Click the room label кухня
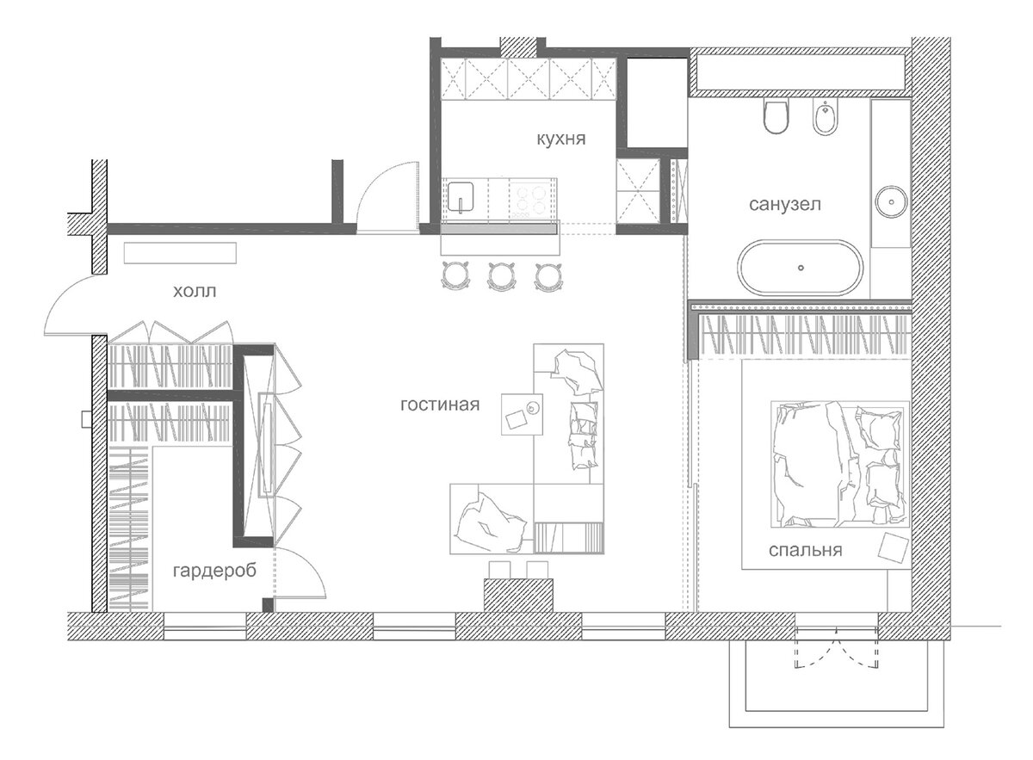[x=560, y=139]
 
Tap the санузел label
[x=785, y=204]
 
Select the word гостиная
[x=440, y=405]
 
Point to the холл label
[x=195, y=292]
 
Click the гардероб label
[x=214, y=571]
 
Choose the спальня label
[x=805, y=550]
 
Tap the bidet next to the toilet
[x=825, y=116]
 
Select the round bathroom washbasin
[x=891, y=201]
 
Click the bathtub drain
[x=801, y=268]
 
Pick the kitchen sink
[x=461, y=197]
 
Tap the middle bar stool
[x=502, y=276]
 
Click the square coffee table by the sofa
[x=522, y=414]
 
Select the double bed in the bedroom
[x=840, y=464]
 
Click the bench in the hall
[x=180, y=253]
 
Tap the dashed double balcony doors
[x=836, y=647]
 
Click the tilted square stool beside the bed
[x=894, y=548]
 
